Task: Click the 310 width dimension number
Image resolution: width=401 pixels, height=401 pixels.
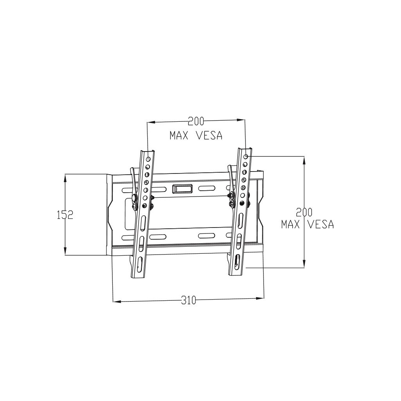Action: pos(188,300)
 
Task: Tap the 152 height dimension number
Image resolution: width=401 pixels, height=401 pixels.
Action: pos(65,215)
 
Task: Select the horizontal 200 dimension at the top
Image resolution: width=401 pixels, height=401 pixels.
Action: pos(196,121)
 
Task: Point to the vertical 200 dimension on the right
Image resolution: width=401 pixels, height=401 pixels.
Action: pos(304,212)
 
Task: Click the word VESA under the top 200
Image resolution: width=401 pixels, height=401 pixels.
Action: pos(209,135)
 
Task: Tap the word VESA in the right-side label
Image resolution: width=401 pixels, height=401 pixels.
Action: pos(320,224)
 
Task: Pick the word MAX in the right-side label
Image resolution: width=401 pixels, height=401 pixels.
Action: pos(291,224)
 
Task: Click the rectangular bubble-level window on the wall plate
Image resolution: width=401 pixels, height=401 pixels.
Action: pos(182,189)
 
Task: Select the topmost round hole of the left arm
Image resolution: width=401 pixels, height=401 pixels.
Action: pos(148,160)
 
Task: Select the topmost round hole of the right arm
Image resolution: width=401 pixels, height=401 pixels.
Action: pos(246,157)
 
